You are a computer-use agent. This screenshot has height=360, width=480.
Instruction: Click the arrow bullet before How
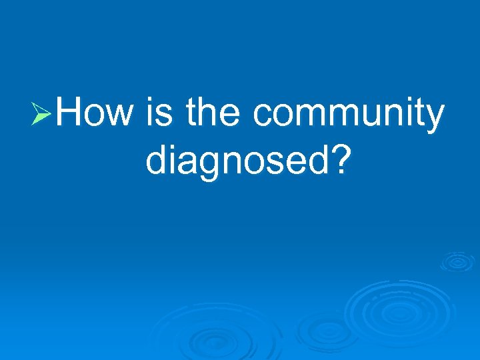point(41,115)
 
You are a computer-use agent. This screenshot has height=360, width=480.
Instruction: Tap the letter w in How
point(119,117)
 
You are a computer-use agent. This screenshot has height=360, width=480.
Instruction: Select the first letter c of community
point(263,117)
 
